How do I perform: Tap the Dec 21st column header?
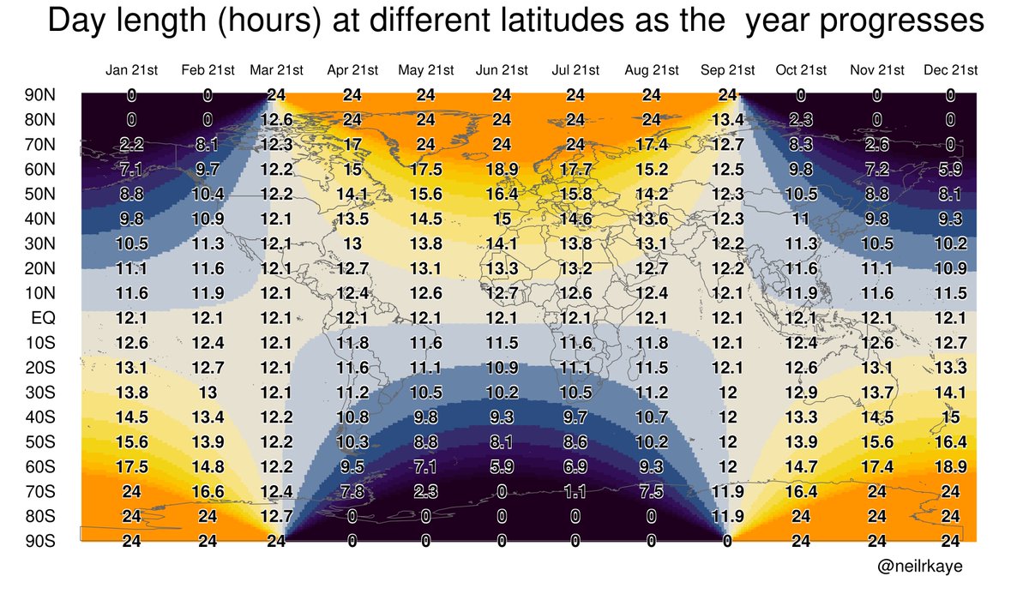click(950, 69)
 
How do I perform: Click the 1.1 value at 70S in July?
click(576, 516)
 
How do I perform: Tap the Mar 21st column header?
click(276, 69)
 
